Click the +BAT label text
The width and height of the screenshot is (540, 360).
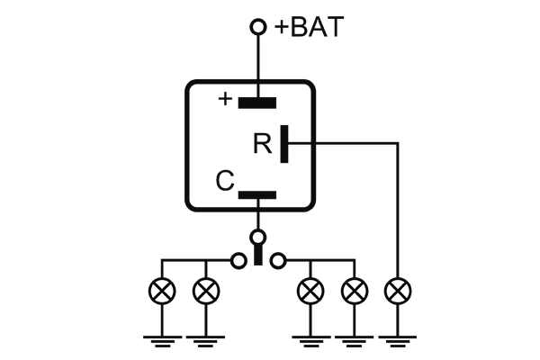(x=309, y=27)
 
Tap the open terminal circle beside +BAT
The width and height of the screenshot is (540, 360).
(x=258, y=28)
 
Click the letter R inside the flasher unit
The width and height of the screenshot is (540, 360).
(x=262, y=144)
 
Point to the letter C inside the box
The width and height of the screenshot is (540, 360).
(x=225, y=183)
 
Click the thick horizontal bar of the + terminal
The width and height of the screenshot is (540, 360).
(x=257, y=102)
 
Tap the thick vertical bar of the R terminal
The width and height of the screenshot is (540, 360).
(x=284, y=143)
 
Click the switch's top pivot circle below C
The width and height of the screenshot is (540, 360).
(x=258, y=238)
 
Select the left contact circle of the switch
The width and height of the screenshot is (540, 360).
(x=238, y=261)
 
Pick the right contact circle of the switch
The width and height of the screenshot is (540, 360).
(x=278, y=261)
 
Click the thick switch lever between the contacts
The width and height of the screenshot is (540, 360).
(x=258, y=255)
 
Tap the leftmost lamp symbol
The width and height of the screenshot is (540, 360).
(x=162, y=291)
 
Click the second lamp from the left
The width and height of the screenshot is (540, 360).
(x=206, y=291)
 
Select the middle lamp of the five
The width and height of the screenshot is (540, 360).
(x=310, y=291)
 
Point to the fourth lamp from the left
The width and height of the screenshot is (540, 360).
(x=355, y=291)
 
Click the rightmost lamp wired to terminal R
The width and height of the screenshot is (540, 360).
(x=397, y=291)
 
